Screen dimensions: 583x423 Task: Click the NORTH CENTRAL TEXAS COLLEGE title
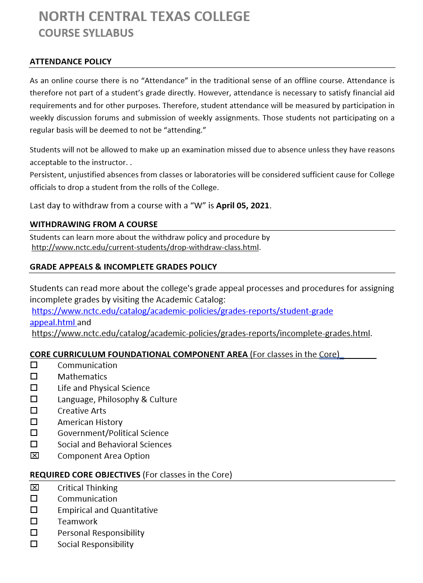pos(144,17)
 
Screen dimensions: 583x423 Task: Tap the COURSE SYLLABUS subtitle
pos(86,33)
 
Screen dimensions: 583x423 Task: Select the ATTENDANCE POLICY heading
pos(70,62)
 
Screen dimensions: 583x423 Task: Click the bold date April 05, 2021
pos(243,206)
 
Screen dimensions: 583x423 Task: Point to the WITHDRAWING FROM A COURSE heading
pos(94,225)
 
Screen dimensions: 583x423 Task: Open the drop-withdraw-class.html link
pos(145,248)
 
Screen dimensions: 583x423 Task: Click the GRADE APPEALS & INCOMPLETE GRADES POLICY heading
pos(123,267)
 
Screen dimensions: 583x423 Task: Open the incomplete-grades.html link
pos(201,334)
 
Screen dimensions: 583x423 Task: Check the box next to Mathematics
pos(34,376)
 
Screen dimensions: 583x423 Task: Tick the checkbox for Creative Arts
pos(34,411)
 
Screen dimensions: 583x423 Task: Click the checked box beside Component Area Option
pos(35,456)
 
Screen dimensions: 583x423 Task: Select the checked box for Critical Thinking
pos(35,488)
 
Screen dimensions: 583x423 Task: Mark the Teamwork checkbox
pos(34,521)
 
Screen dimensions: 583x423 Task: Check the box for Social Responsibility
pos(34,544)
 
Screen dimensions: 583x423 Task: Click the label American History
pos(90,422)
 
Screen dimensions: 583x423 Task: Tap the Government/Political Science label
pos(113,433)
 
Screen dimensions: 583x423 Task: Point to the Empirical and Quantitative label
pos(107,510)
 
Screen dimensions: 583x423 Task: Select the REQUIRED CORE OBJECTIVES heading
pos(85,475)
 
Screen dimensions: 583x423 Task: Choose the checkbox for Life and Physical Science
pos(34,388)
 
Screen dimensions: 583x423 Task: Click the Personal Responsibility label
pos(101,533)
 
